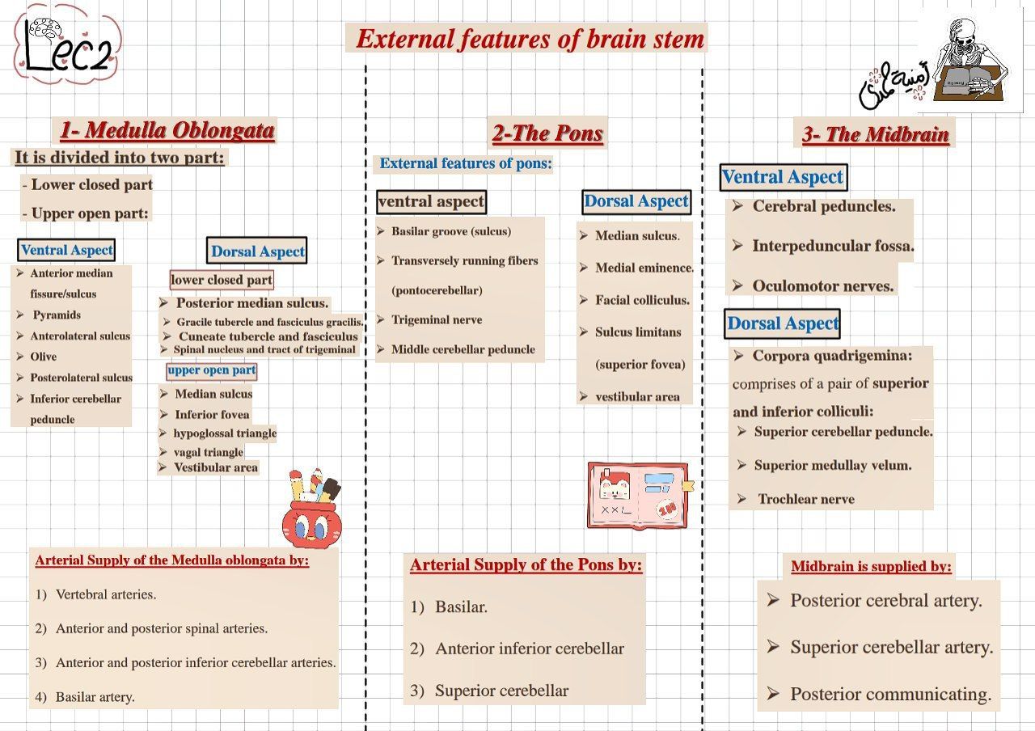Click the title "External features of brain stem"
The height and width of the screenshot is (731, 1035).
pos(530,39)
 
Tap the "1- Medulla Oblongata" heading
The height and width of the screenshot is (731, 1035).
pos(167,130)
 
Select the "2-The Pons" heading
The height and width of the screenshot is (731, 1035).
pos(547,133)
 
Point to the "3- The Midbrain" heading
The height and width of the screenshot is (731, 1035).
pos(875,134)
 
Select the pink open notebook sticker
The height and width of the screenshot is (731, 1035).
pos(639,496)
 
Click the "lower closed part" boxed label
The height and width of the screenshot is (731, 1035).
pos(221,280)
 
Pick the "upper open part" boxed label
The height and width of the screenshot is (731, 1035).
pos(212,370)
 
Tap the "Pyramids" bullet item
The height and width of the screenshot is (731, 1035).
pos(57,315)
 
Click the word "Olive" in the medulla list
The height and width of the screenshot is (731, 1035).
pos(44,356)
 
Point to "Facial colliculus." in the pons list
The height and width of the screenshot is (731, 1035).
pos(642,300)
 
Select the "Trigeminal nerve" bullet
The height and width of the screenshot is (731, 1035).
pos(437,319)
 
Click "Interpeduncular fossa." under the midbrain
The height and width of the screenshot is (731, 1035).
pos(832,246)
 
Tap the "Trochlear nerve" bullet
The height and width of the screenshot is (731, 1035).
pos(805,499)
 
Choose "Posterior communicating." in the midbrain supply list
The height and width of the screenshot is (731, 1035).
pos(889,694)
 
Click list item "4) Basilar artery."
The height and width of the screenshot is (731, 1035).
pos(95,696)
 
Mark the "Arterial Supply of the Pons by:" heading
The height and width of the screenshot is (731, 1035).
pos(526,564)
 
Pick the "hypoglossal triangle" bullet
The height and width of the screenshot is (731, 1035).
pos(224,433)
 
